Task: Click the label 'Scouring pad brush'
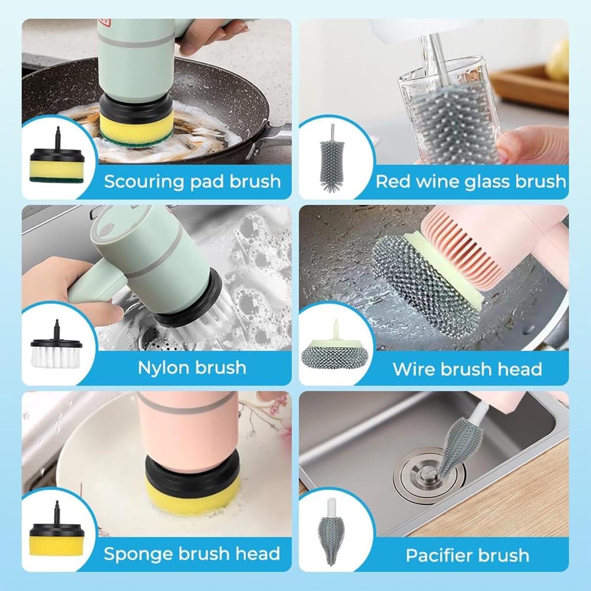tap(192, 182)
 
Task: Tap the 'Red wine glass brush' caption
tap(471, 182)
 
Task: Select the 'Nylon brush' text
tap(192, 368)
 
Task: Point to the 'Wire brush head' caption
tap(467, 369)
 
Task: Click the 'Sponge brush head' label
tap(192, 554)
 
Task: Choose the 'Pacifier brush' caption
tap(467, 555)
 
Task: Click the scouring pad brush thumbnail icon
tap(57, 156)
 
